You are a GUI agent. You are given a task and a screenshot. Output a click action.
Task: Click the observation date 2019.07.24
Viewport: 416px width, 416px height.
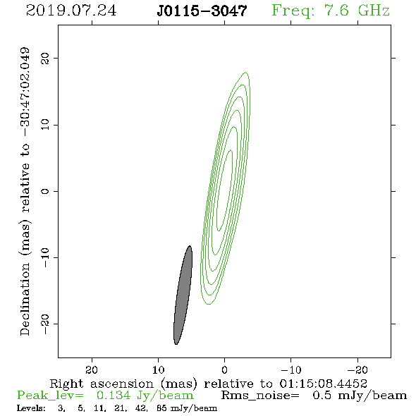(x=71, y=11)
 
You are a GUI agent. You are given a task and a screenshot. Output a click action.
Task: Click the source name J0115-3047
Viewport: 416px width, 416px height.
(x=202, y=11)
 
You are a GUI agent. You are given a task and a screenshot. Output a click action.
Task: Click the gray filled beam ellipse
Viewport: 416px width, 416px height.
(x=183, y=295)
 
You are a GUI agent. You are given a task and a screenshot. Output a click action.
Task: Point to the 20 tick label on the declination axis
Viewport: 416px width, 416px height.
(x=45, y=59)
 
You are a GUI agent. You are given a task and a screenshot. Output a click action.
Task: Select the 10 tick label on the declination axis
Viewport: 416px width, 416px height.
(x=45, y=124)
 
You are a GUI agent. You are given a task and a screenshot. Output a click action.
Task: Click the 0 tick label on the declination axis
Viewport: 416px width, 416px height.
(x=45, y=191)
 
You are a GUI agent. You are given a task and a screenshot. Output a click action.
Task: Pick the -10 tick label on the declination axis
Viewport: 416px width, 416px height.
(x=45, y=257)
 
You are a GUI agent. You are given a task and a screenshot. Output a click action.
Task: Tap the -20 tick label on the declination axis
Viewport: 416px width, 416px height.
(x=45, y=324)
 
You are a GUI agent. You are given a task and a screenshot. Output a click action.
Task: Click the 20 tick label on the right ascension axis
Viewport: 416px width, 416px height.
(x=92, y=369)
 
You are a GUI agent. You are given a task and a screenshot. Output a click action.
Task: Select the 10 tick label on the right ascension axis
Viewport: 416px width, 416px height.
(x=159, y=369)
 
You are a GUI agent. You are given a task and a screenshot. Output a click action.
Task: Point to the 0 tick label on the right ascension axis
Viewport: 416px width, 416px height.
(x=225, y=369)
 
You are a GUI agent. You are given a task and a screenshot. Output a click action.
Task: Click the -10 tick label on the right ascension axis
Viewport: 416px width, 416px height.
(x=291, y=369)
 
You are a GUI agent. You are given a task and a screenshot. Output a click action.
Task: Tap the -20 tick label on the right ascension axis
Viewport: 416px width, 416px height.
(x=357, y=369)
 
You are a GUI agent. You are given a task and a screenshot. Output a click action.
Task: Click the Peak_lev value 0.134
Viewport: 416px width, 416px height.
(x=114, y=396)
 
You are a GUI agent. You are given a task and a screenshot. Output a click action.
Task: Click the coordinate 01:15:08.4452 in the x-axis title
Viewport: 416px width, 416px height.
(x=323, y=384)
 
